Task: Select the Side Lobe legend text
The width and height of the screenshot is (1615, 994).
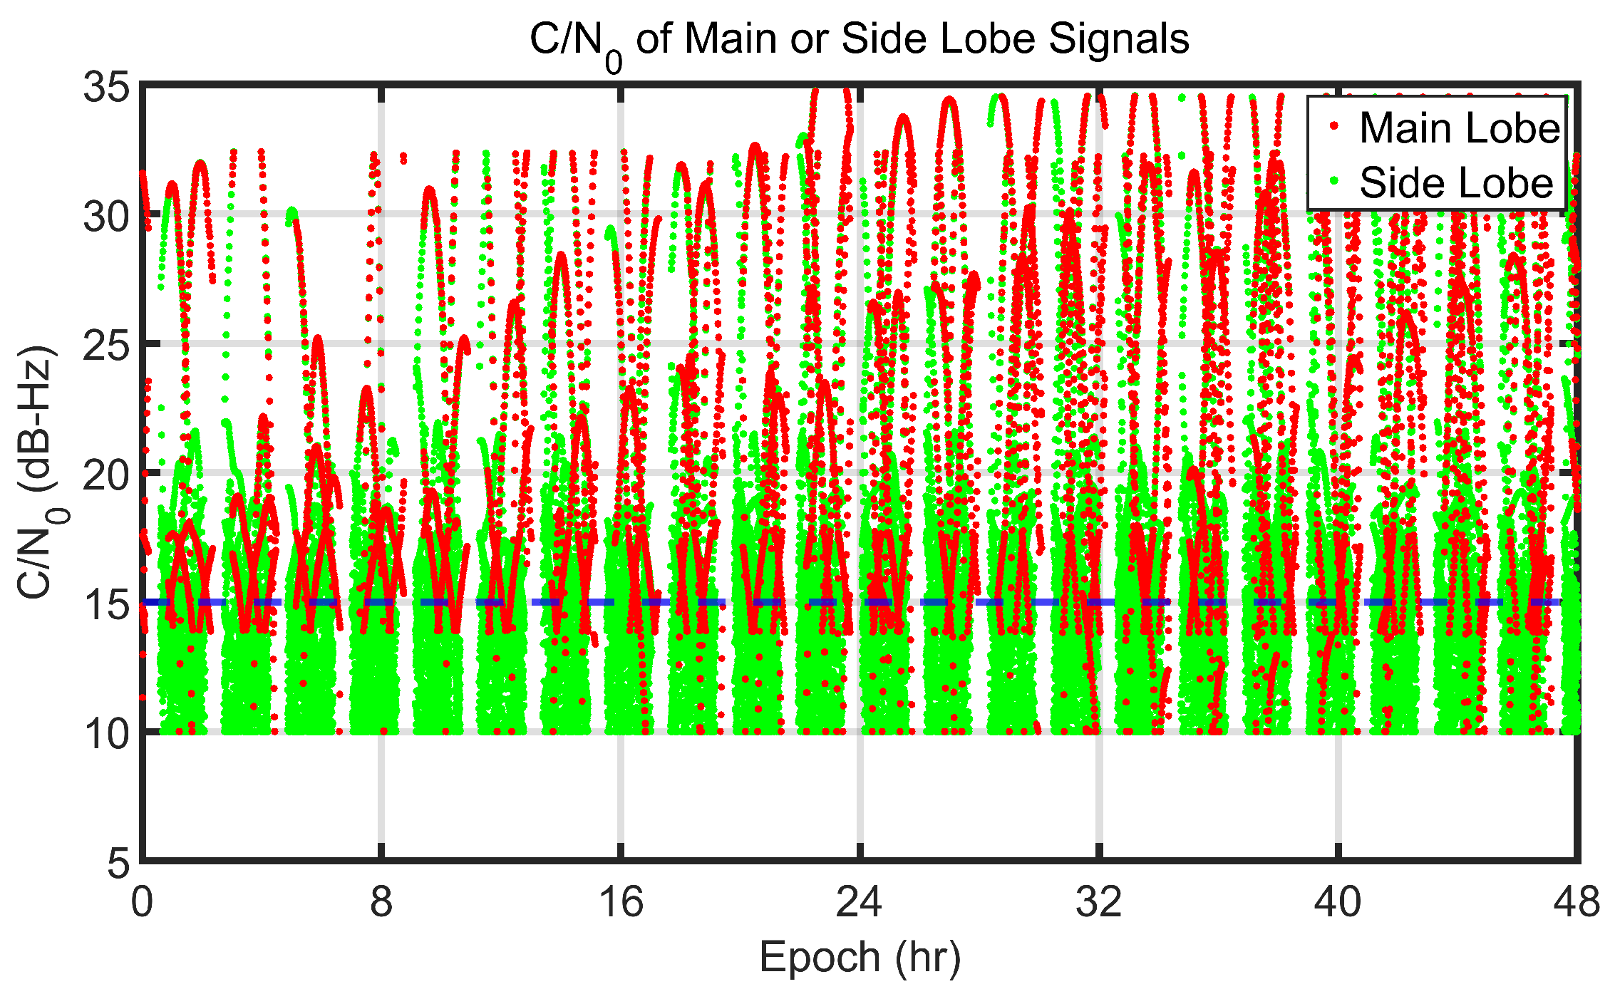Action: pyautogui.click(x=1456, y=183)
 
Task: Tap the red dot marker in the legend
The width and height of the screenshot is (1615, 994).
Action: pyautogui.click(x=1333, y=126)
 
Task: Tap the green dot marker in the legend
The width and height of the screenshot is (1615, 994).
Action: pyautogui.click(x=1333, y=181)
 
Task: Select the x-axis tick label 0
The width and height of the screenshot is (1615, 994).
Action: pyautogui.click(x=142, y=903)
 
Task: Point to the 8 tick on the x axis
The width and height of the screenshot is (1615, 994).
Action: pyautogui.click(x=381, y=903)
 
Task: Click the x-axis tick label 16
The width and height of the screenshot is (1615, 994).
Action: pyautogui.click(x=621, y=903)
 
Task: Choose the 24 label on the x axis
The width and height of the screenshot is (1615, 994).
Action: pyautogui.click(x=860, y=903)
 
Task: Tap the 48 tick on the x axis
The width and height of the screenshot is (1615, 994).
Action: pyautogui.click(x=1577, y=903)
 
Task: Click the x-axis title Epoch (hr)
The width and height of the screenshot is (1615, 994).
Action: pyautogui.click(x=860, y=958)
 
